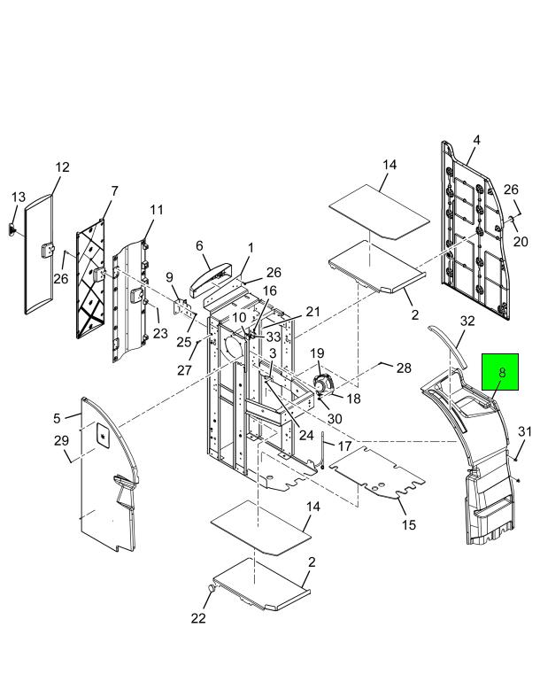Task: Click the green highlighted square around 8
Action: [500, 372]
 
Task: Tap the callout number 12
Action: [62, 167]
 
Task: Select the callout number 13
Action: [19, 197]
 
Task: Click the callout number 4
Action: [476, 140]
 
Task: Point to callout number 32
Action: [467, 321]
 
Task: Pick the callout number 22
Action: [198, 618]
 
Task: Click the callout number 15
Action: [409, 524]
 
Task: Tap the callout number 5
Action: [58, 418]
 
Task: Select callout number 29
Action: [61, 440]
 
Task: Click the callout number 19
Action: [317, 353]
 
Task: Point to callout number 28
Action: [404, 368]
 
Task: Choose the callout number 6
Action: [199, 246]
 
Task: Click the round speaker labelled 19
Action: [324, 383]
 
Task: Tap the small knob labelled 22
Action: [211, 588]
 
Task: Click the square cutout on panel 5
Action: [103, 434]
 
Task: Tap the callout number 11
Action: [157, 210]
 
